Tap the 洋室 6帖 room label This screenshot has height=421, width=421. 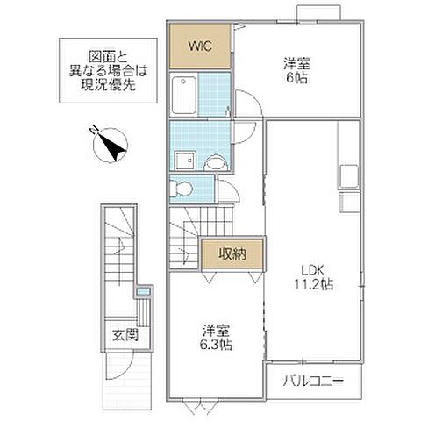click(x=296, y=70)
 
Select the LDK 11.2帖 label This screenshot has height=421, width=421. click(x=313, y=274)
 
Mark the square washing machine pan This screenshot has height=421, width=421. click(x=185, y=161)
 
